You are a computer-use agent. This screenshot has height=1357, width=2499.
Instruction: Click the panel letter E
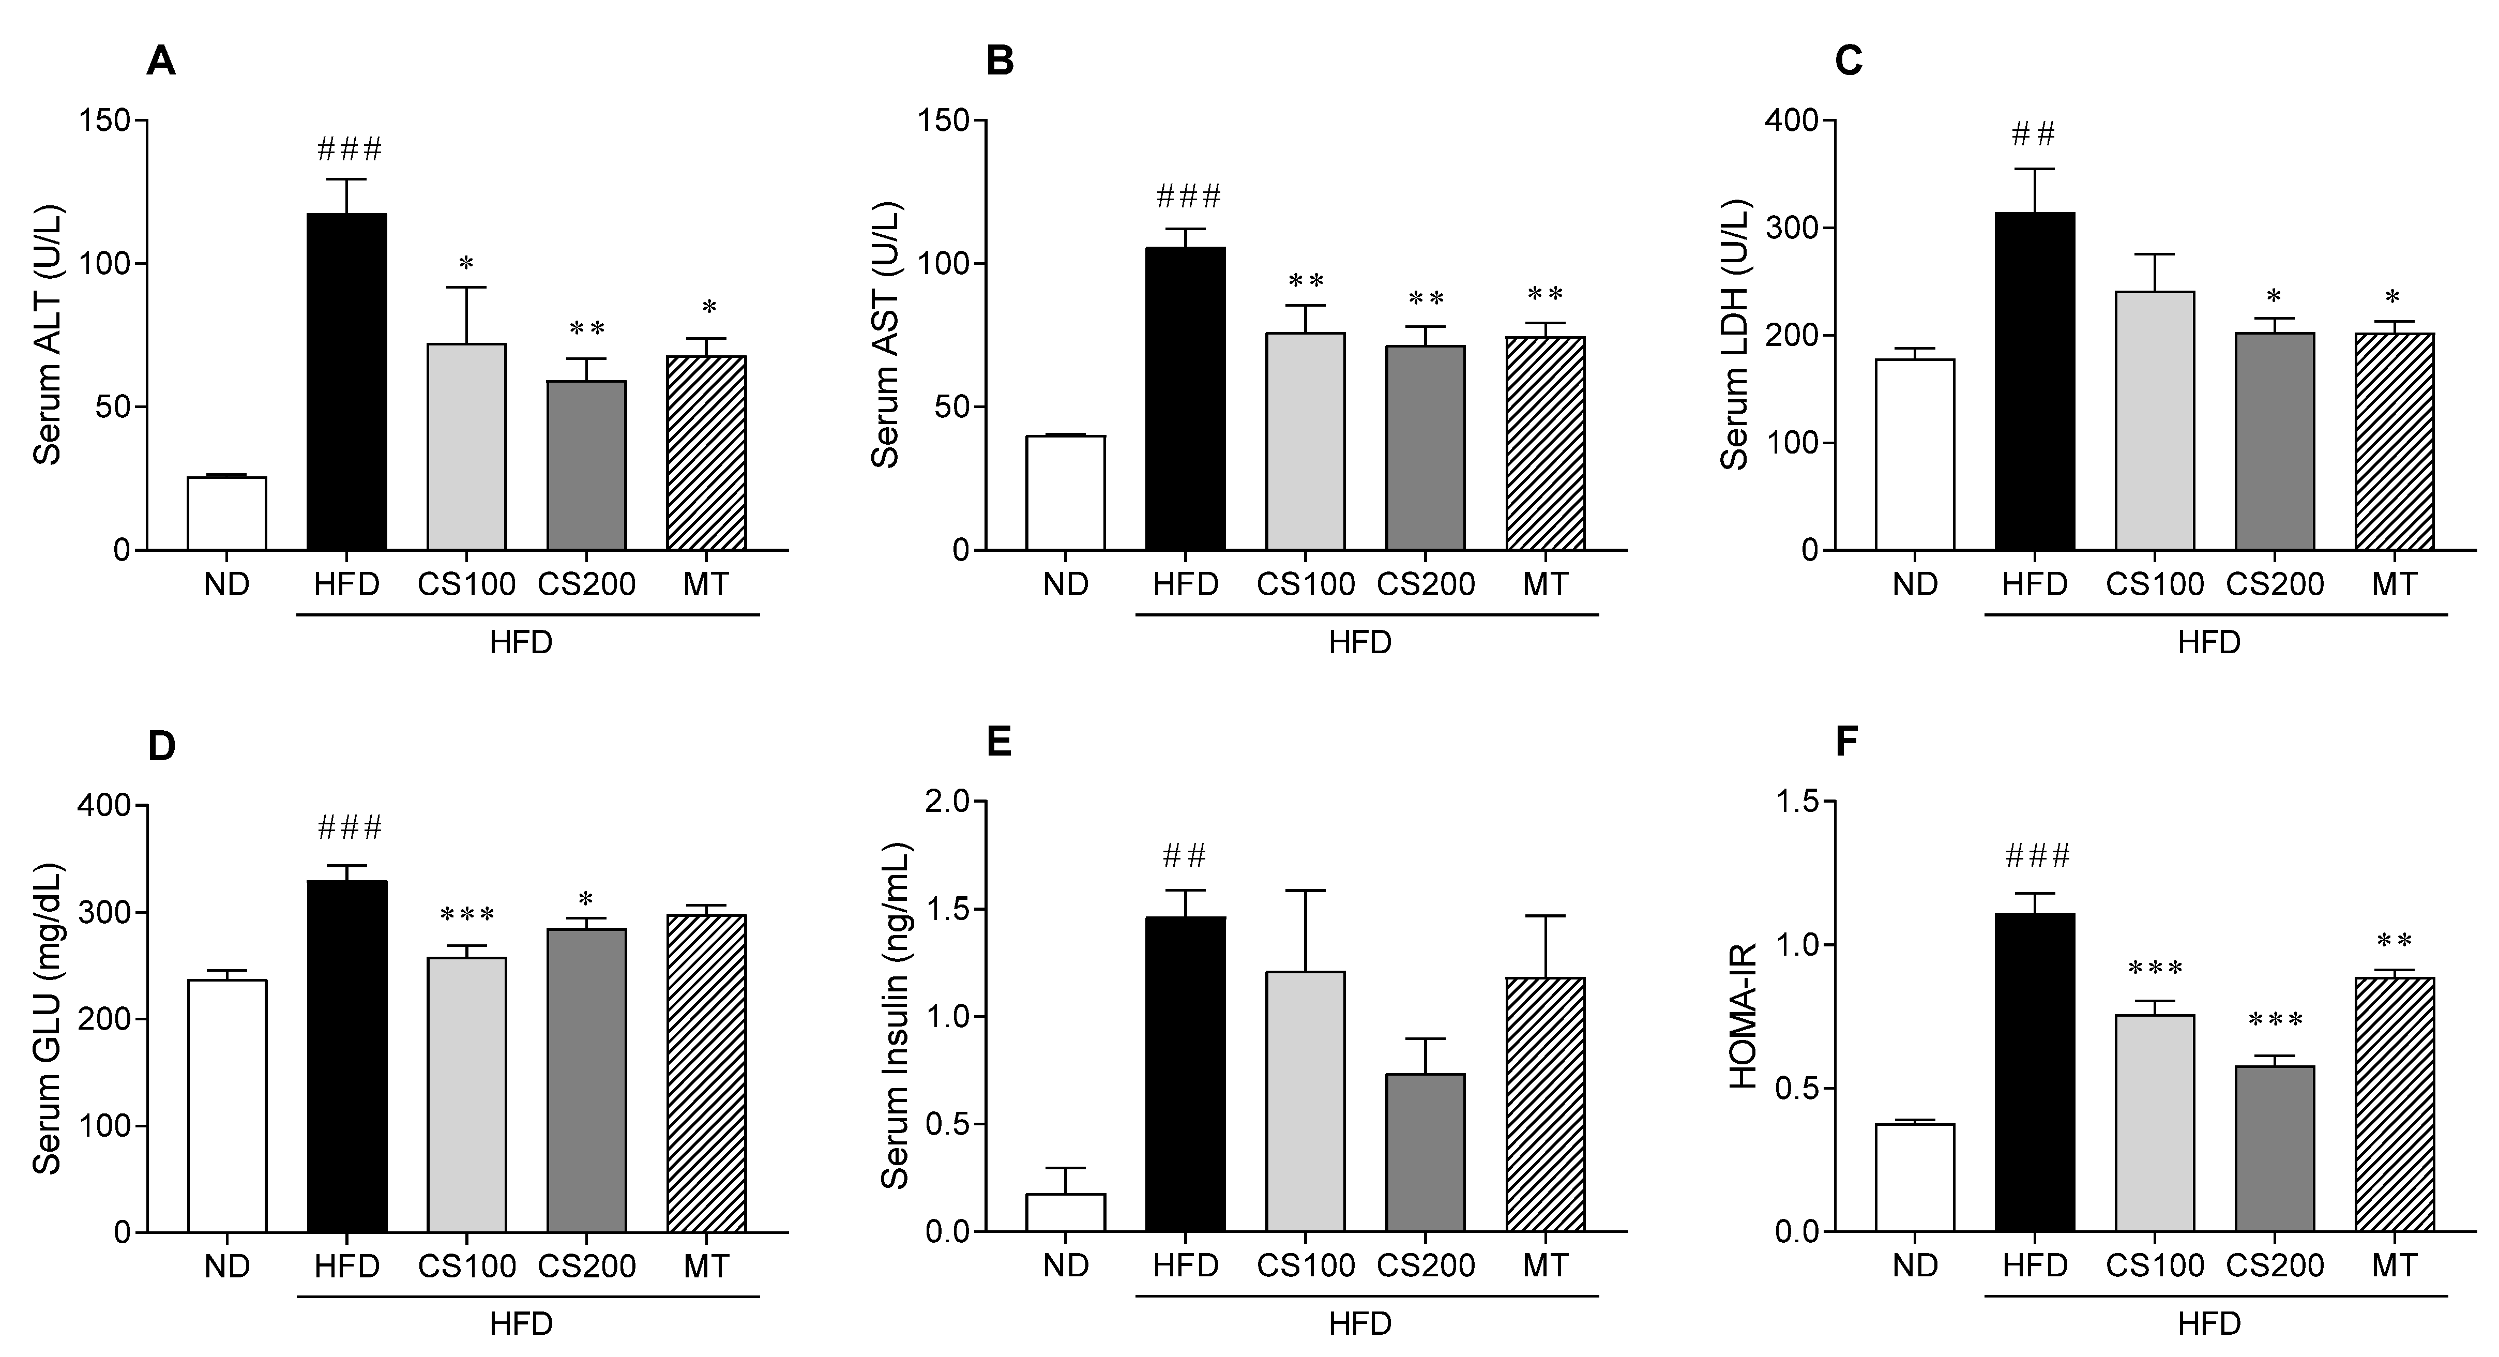[998, 743]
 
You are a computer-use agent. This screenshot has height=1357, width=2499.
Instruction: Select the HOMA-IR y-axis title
[1743, 1018]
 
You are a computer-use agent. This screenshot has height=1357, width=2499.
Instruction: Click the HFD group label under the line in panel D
[521, 1324]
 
